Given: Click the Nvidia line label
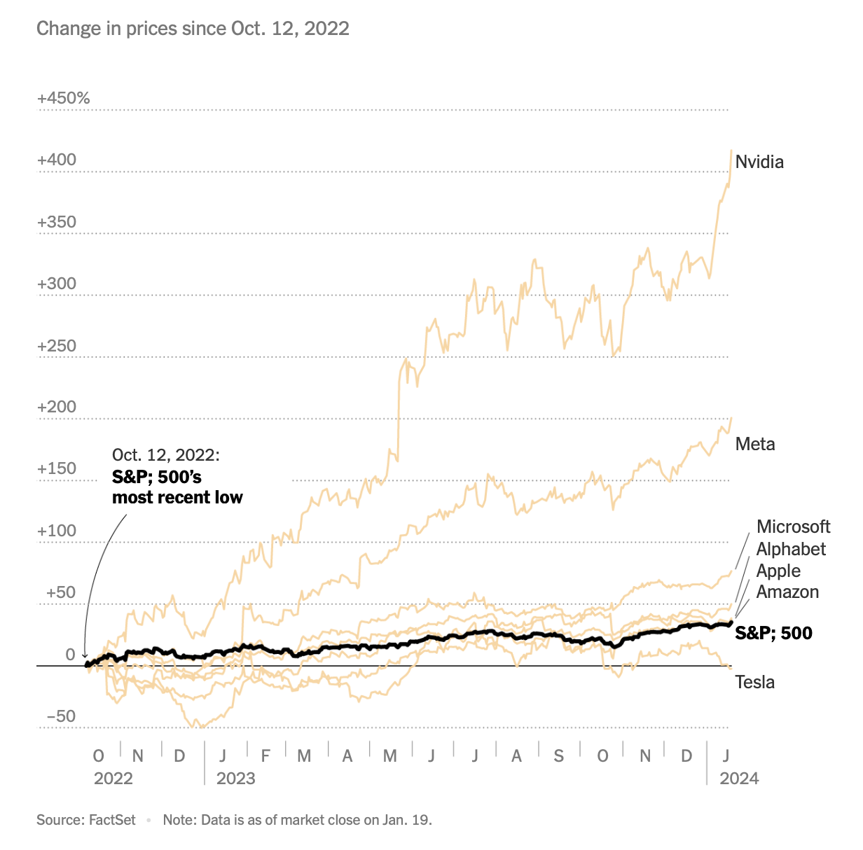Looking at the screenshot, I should [759, 162].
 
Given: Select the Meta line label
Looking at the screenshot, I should [755, 444].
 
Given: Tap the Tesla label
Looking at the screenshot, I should [754, 682].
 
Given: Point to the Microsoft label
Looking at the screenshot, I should [793, 527].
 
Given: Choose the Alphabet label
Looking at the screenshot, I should [791, 549].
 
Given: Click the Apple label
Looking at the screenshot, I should [778, 571].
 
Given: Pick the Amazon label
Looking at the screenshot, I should [787, 592].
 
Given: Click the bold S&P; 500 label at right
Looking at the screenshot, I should [773, 634].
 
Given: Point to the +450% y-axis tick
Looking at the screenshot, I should [63, 98].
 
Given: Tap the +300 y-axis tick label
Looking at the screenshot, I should [57, 284].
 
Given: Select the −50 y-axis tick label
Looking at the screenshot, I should [60, 716].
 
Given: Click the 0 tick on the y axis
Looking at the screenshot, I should [70, 655].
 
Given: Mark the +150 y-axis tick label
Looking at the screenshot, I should [57, 469].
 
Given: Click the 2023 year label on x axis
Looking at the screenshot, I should [236, 779].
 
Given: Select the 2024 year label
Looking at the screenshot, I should [739, 779].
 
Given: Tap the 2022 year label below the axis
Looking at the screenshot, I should [113, 779].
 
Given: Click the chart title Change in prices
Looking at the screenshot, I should [193, 29].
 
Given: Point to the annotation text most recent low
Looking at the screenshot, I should [177, 498].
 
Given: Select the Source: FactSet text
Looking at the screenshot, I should [86, 820].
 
